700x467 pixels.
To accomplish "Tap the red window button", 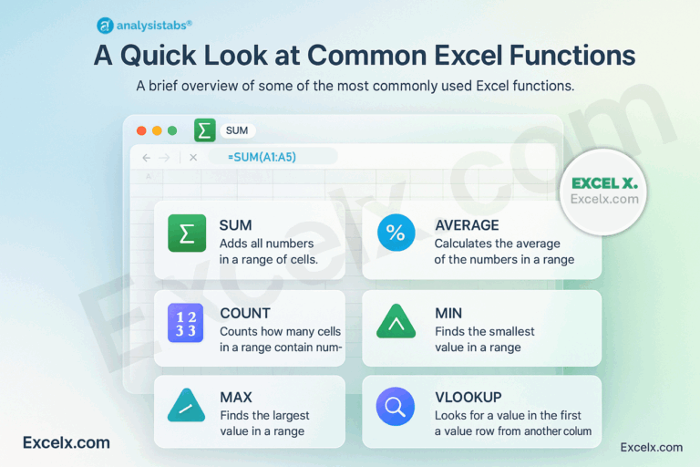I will (x=141, y=130).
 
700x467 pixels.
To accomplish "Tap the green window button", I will (x=172, y=130).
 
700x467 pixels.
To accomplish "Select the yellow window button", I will (x=157, y=130).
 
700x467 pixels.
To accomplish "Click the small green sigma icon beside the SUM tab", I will (x=204, y=130).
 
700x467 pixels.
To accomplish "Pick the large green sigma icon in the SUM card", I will (x=187, y=233).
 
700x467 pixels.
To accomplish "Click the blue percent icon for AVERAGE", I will (x=396, y=233).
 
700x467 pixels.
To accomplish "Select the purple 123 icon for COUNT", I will (x=187, y=322).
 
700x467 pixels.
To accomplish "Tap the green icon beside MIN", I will (x=396, y=322).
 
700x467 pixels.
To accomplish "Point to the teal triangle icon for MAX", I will (x=187, y=406).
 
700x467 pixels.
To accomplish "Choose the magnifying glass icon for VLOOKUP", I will (x=396, y=406).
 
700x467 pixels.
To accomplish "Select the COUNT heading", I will (x=245, y=314).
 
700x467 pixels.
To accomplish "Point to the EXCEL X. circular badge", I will (x=604, y=190).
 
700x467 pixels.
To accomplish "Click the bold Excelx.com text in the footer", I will (x=67, y=442).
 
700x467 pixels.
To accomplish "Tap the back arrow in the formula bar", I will (x=147, y=158).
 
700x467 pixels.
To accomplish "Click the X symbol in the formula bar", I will (x=193, y=158).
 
